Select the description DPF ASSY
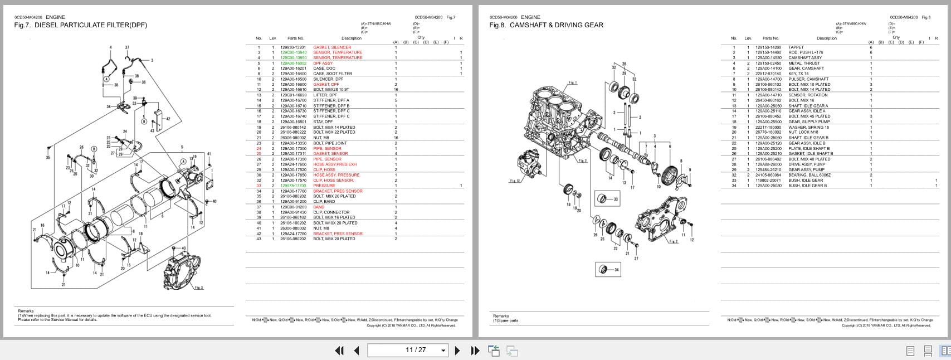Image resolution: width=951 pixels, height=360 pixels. tap(323, 63)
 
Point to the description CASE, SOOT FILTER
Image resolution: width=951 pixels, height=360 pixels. tap(333, 74)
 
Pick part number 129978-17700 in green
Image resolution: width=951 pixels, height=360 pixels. tap(293, 186)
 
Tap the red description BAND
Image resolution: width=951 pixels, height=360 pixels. tap(319, 207)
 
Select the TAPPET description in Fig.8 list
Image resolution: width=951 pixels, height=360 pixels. tap(796, 47)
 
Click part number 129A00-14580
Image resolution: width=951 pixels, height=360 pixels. tap(768, 58)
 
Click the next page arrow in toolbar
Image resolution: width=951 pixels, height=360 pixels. tap(457, 350)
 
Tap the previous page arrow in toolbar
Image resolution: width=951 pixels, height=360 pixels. tap(357, 350)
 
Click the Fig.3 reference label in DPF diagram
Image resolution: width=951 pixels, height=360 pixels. tap(198, 288)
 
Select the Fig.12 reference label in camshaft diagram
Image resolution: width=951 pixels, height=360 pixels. tap(514, 181)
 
